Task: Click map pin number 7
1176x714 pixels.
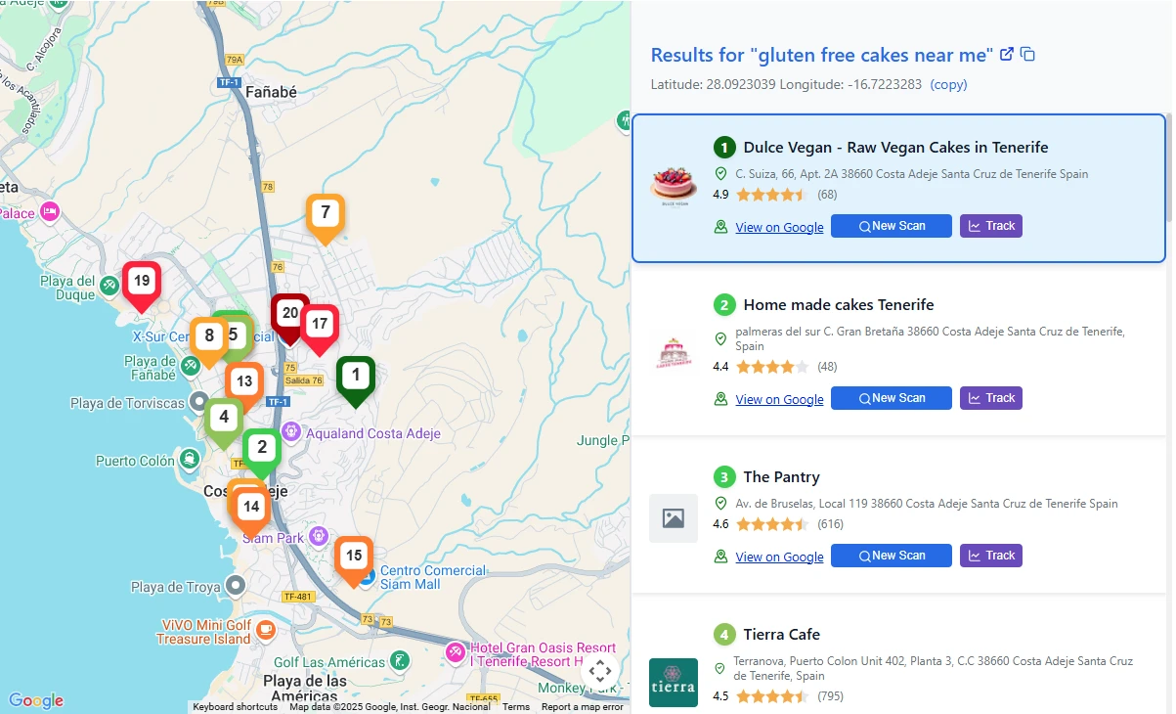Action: (325, 212)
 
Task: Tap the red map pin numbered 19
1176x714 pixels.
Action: (141, 282)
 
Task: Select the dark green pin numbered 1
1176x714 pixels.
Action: (356, 375)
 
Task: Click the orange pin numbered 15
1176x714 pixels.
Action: (354, 557)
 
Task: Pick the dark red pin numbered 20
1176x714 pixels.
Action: (289, 314)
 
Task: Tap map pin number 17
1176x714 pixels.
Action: (320, 324)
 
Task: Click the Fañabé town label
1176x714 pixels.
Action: (271, 92)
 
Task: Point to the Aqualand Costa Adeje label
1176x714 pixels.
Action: (373, 433)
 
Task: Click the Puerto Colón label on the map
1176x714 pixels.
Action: (135, 461)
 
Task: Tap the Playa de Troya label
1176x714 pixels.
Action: (176, 587)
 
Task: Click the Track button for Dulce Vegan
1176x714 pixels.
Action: (990, 226)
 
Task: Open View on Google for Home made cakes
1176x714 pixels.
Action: (779, 399)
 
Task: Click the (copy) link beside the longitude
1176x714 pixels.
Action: (948, 84)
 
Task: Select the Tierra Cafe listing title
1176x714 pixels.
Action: (781, 634)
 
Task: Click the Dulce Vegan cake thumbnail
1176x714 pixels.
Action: (674, 185)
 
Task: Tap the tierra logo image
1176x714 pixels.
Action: (674, 682)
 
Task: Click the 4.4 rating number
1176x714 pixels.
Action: (721, 367)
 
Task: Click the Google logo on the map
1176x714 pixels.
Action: (36, 700)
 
